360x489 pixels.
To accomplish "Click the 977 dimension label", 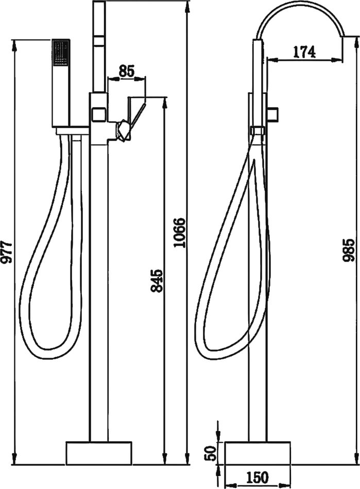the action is [7, 252].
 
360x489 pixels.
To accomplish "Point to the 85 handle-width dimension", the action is [126, 71].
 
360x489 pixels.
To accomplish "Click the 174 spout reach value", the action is [304, 52].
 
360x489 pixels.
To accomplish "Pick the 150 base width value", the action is [258, 478].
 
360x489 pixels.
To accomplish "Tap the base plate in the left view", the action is [99, 452].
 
